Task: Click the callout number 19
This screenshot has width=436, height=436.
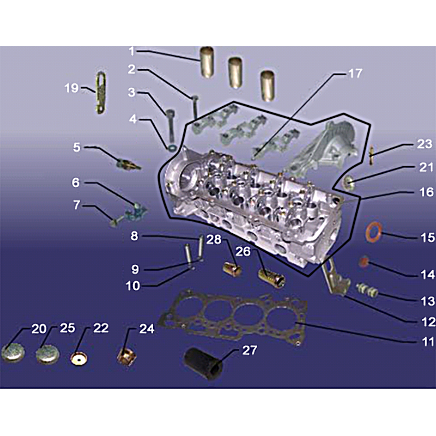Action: (x=71, y=88)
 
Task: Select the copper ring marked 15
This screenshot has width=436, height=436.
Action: (x=373, y=231)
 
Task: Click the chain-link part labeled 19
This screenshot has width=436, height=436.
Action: (x=101, y=92)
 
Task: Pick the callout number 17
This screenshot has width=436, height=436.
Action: (x=355, y=74)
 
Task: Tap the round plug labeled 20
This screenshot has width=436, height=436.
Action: (x=13, y=353)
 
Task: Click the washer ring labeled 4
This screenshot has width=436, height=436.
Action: (x=172, y=147)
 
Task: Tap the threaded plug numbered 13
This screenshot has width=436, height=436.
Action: (x=367, y=290)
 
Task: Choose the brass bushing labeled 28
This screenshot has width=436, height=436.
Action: (x=233, y=269)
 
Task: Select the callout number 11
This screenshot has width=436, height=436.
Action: (x=428, y=342)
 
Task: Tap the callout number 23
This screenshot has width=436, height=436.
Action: (x=425, y=144)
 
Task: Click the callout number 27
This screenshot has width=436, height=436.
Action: (x=250, y=350)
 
